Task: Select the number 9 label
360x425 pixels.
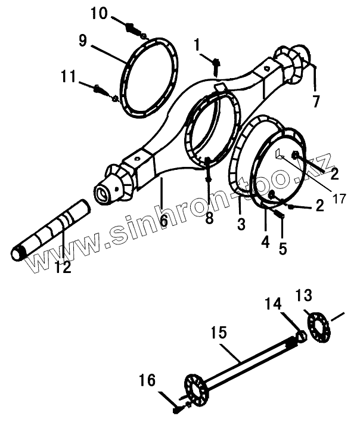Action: click(x=83, y=41)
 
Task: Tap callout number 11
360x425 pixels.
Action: click(x=69, y=76)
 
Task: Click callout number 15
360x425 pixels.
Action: click(x=219, y=333)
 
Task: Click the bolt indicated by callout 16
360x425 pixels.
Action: click(x=178, y=408)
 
